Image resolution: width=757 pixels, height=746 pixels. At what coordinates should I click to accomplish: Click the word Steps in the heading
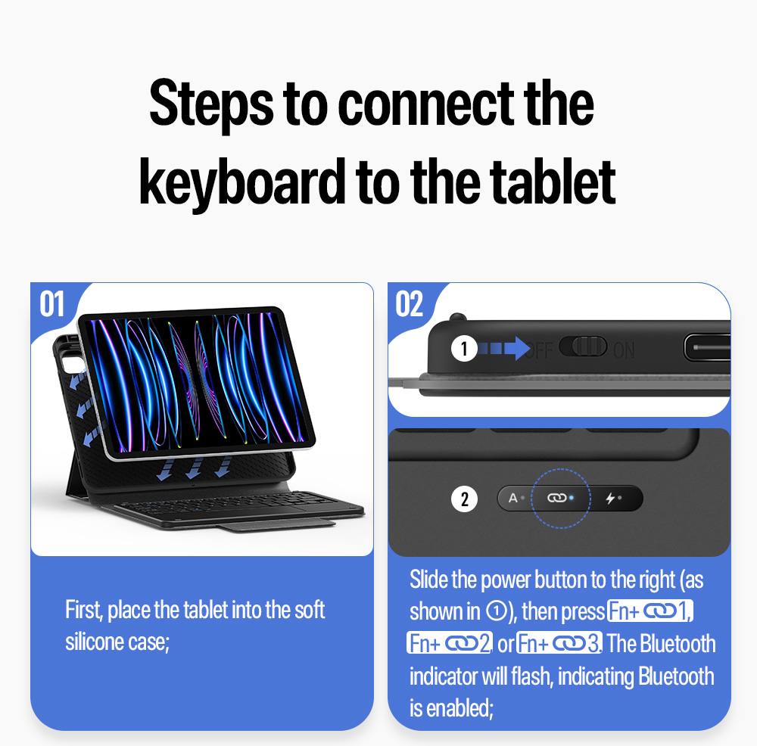coord(211,105)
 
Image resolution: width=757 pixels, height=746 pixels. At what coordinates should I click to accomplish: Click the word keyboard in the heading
coord(242,183)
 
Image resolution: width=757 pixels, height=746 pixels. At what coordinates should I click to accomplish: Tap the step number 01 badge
coord(51,304)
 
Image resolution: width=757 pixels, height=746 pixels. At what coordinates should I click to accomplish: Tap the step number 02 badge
coord(410,304)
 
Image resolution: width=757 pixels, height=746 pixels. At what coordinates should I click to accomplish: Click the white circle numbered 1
coord(464,348)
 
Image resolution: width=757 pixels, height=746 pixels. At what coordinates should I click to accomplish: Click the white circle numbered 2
coord(464,499)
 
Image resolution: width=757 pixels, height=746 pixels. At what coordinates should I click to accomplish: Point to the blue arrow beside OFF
coord(504,348)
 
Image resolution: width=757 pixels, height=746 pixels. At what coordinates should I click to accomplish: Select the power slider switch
coord(583,347)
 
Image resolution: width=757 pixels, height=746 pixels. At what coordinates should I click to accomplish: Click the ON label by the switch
coord(624,350)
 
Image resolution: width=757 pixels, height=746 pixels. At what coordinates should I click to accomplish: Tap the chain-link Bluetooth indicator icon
coord(556,498)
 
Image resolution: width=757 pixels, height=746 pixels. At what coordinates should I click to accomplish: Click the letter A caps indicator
coord(512,498)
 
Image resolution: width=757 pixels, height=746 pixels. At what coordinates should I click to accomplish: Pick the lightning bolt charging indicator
coord(610,498)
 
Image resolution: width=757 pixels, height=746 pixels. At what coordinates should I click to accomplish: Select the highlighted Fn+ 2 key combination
coord(450,643)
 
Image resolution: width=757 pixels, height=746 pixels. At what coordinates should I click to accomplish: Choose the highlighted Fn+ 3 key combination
coord(559,643)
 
